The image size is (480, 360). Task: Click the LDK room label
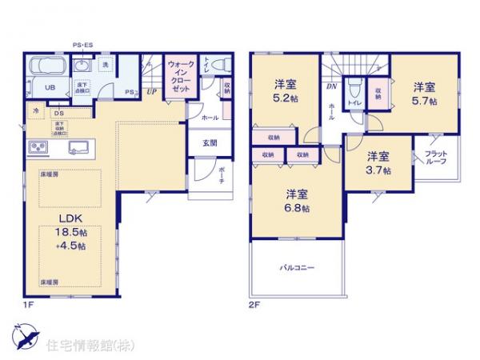[x=67, y=216]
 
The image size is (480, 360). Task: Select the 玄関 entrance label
[x=209, y=144]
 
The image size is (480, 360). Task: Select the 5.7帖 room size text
[x=424, y=102]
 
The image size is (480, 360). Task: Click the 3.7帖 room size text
[x=379, y=170]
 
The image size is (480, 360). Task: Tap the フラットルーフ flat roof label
[x=435, y=157]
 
